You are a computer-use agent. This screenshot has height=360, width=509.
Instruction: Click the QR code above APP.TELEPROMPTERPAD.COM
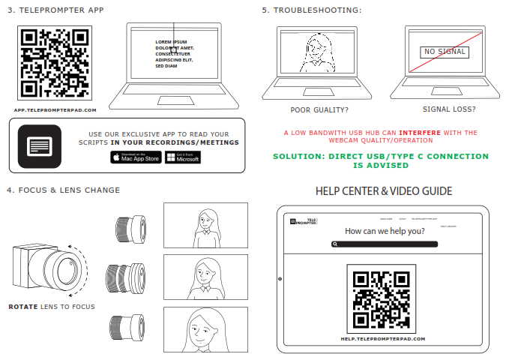[x=55, y=63]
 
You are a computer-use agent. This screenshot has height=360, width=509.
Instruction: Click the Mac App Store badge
[x=136, y=157]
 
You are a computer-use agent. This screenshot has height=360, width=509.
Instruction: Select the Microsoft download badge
[x=182, y=157]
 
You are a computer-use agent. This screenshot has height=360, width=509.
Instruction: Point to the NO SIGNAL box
[x=444, y=52]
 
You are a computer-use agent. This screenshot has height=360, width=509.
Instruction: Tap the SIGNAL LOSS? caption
[x=448, y=109]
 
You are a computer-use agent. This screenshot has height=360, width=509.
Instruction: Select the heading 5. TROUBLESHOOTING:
[x=312, y=10]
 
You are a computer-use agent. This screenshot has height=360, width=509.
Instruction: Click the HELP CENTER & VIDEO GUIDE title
[x=384, y=191]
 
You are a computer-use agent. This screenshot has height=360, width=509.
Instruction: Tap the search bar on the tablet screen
[x=382, y=244]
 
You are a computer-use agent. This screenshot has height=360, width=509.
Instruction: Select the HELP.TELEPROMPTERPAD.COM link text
[x=382, y=339]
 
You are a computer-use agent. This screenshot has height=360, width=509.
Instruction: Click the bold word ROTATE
[x=23, y=307]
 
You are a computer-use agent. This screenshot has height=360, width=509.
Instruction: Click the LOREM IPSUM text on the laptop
[x=171, y=41]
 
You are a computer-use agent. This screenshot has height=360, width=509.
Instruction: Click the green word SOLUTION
[x=299, y=156]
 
